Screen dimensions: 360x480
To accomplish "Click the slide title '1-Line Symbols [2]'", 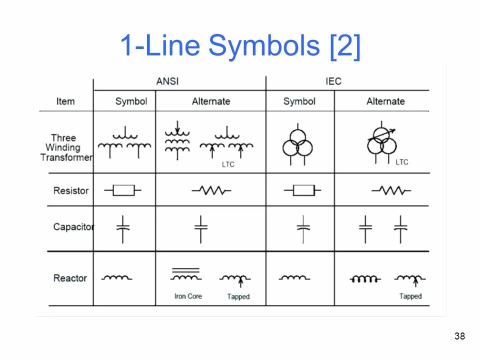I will (240, 46).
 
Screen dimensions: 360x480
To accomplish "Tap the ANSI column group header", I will (167, 81).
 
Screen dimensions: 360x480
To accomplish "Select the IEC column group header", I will (333, 81).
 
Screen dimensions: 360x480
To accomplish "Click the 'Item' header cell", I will (65, 101).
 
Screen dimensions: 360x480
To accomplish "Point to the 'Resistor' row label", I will (71, 190).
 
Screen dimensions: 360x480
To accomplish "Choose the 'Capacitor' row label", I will (73, 227).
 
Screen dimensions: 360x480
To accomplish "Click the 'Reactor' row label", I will (70, 278).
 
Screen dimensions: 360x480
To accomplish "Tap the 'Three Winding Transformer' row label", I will (66, 147).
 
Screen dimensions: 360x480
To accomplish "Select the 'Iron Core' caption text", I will (188, 296).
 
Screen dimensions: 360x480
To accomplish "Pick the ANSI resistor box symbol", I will (123, 190).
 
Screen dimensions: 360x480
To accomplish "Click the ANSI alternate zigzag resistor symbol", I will (211, 190).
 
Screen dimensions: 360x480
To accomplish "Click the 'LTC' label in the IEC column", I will (401, 162).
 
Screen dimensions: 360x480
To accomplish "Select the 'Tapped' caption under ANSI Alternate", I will (238, 297).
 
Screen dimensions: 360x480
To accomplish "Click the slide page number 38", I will (459, 336).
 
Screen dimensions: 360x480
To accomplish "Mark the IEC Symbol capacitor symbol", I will (303, 229).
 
